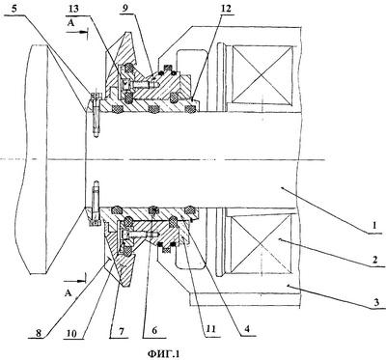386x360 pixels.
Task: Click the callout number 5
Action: pyautogui.click(x=13, y=9)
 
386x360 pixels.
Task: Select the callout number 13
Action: pyautogui.click(x=73, y=9)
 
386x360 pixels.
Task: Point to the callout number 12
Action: pyautogui.click(x=226, y=9)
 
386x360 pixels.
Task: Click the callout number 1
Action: pyautogui.click(x=373, y=226)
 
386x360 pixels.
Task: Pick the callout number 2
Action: pyautogui.click(x=375, y=260)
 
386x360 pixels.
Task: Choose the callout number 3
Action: pyautogui.click(x=376, y=302)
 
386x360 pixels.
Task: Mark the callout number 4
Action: pyautogui.click(x=248, y=329)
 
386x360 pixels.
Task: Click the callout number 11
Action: pyautogui.click(x=211, y=329)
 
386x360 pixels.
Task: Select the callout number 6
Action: pyautogui.click(x=154, y=330)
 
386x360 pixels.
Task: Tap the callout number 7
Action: pyautogui.click(x=118, y=330)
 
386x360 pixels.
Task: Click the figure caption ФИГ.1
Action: pyautogui.click(x=163, y=353)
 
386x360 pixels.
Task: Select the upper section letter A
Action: pyautogui.click(x=70, y=22)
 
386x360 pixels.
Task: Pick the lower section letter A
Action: pyautogui.click(x=68, y=293)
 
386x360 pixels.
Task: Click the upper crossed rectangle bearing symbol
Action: pyautogui.click(x=262, y=73)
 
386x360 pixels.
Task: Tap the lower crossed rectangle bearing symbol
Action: pyautogui.click(x=261, y=243)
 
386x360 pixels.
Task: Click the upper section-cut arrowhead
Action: pyautogui.click(x=84, y=32)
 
